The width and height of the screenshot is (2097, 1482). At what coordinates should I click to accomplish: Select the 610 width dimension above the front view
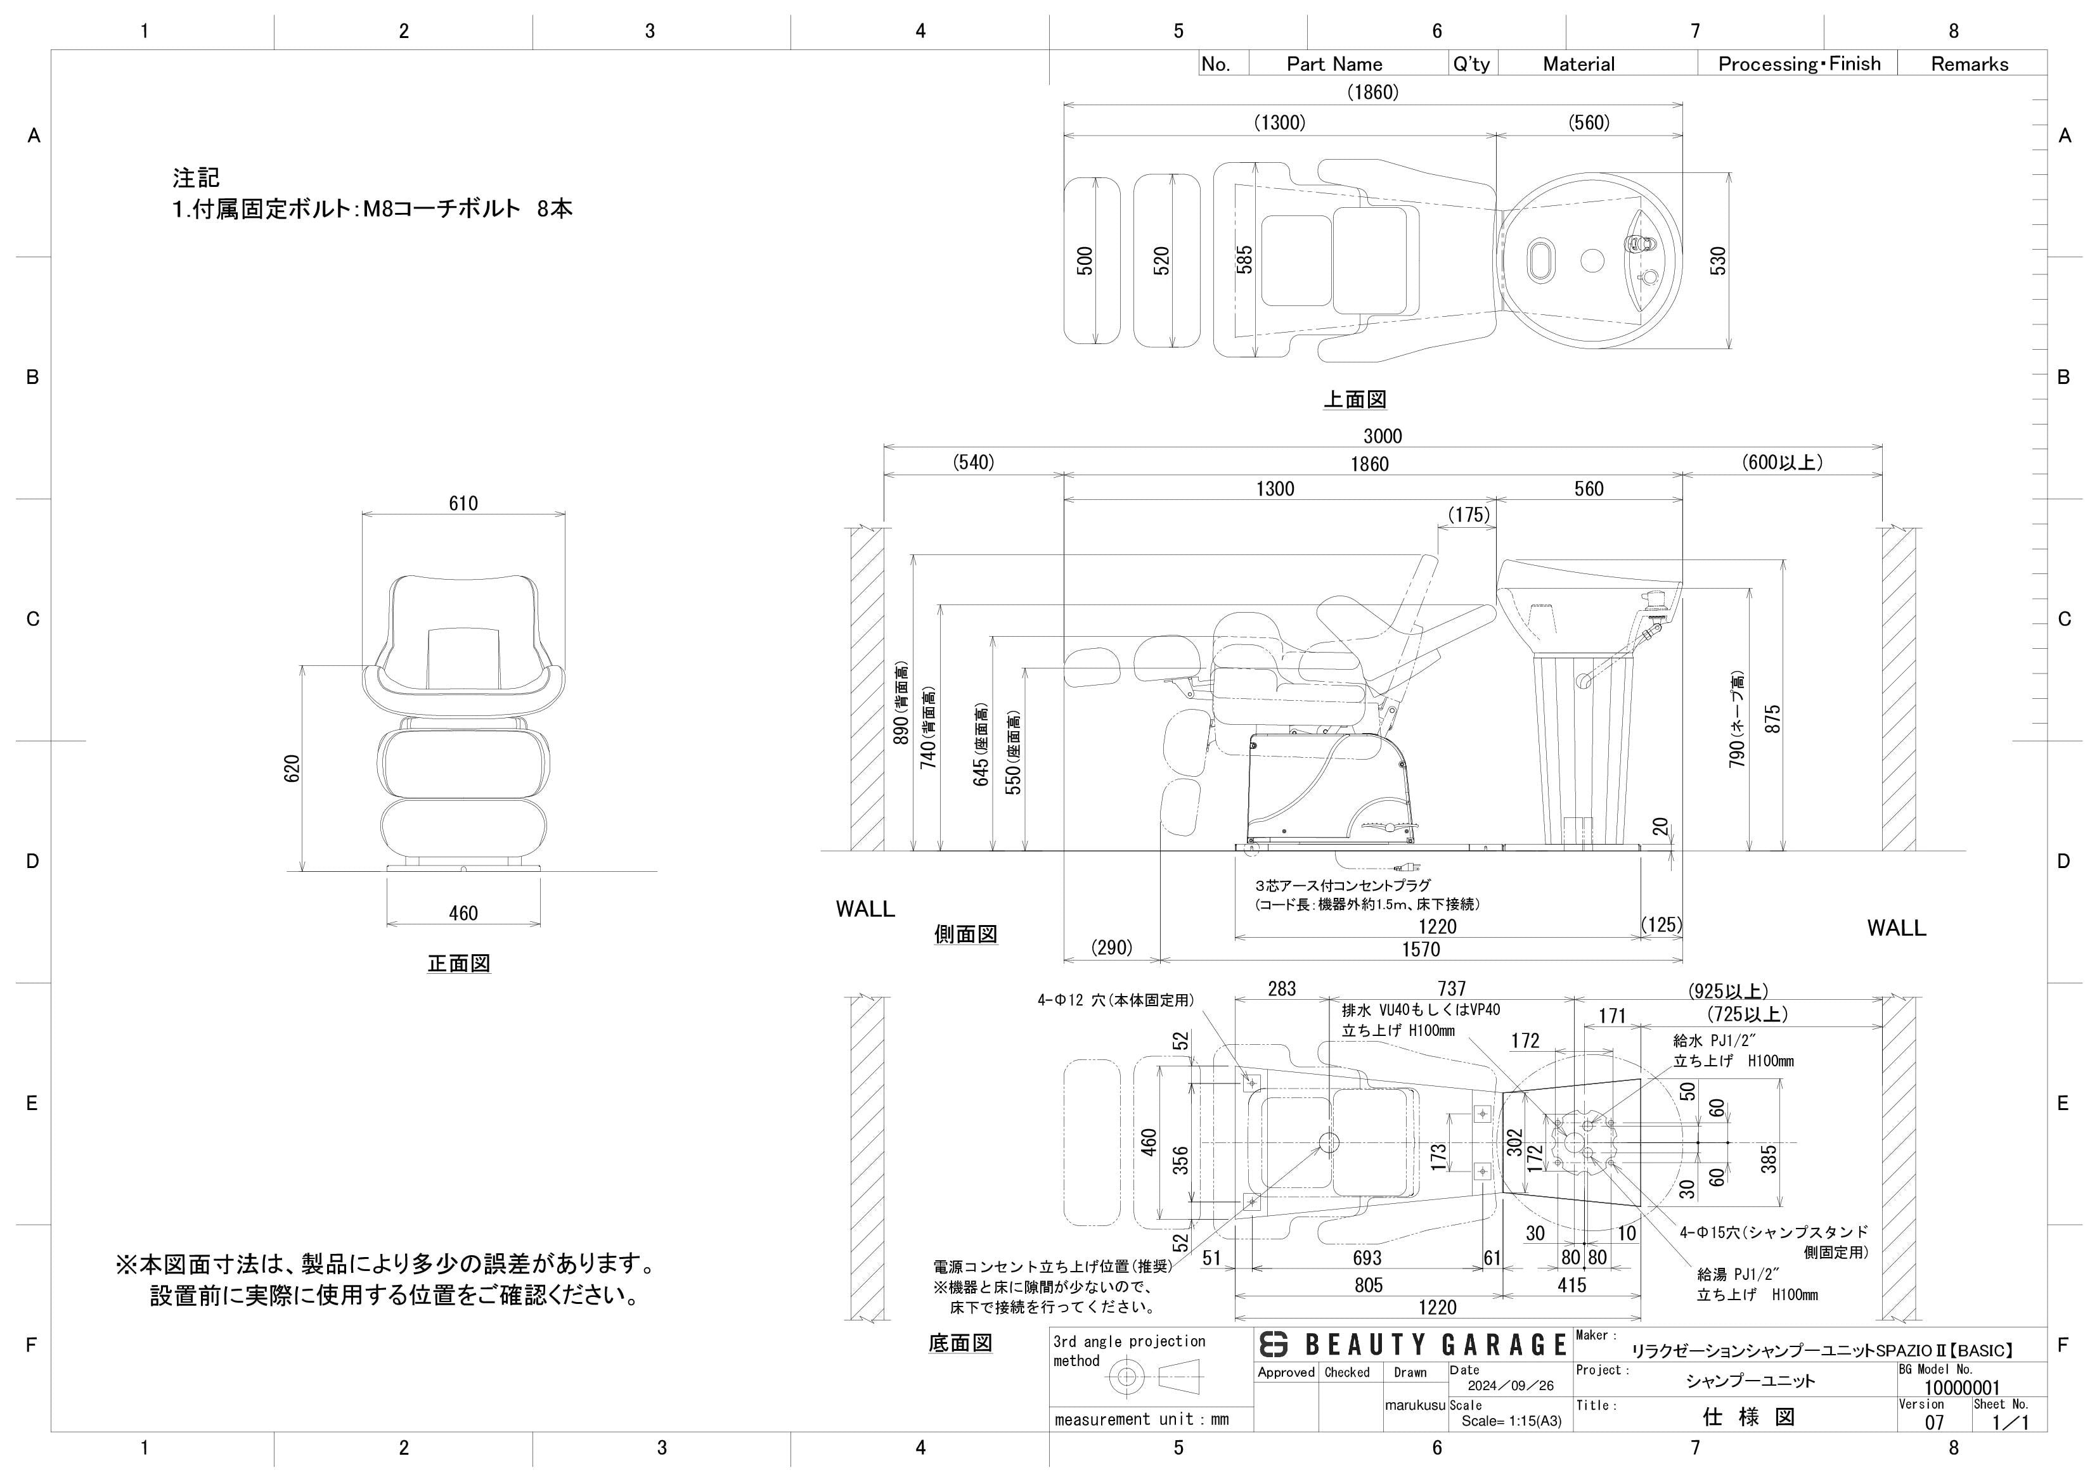pyautogui.click(x=463, y=503)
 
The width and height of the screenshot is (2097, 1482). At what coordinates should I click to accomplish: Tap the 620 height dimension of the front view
pyautogui.click(x=292, y=768)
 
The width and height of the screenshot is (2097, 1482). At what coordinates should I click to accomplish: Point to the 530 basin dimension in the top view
pyautogui.click(x=1718, y=260)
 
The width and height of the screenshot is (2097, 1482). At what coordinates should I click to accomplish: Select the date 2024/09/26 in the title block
pyautogui.click(x=1510, y=1385)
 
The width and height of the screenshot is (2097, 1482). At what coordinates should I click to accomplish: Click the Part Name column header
pyautogui.click(x=1334, y=64)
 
